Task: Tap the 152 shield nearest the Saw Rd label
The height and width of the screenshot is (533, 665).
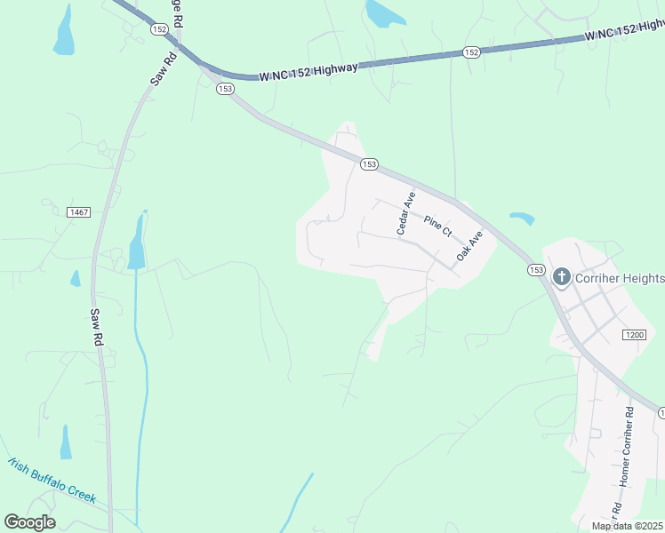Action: coord(159,29)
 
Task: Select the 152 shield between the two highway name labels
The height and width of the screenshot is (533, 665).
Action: coord(471,52)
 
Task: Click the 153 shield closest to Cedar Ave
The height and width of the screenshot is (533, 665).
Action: coord(370,164)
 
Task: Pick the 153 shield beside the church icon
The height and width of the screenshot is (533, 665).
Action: coord(535,270)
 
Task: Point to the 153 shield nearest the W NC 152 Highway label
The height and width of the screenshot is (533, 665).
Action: coord(225,89)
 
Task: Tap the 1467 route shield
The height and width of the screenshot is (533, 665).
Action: coord(79,211)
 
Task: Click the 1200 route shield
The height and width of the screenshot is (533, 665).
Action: coord(634,334)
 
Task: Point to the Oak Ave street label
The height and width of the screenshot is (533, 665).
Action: coord(469,246)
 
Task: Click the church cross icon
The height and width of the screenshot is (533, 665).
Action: coord(562,277)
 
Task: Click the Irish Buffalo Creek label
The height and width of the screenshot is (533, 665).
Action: coord(51,481)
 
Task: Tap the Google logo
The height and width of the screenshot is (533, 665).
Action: coord(29,522)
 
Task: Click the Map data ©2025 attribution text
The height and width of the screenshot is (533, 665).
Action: coord(627,526)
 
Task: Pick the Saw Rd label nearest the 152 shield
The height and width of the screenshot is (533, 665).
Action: coord(164,68)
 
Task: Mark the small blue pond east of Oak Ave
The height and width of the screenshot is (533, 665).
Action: coord(523,218)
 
